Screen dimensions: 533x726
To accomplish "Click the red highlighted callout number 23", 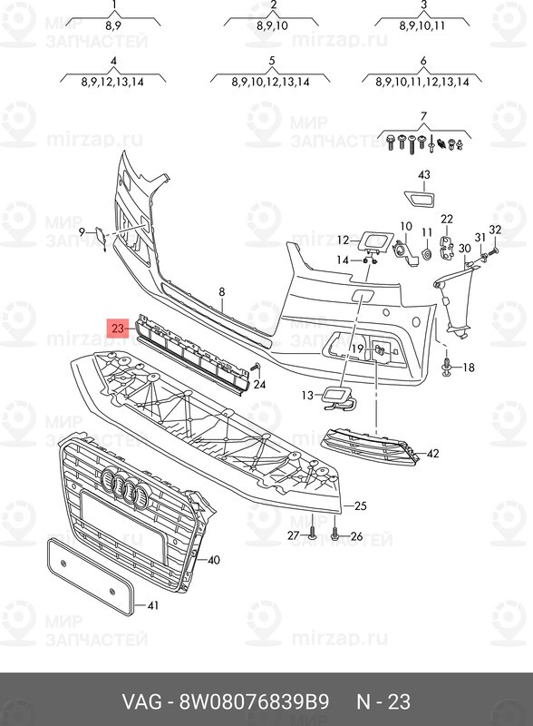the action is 118,328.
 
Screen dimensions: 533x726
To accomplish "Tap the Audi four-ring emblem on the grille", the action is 124,487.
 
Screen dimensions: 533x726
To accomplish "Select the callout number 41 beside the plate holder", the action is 152,605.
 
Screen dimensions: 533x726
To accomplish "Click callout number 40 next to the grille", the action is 213,560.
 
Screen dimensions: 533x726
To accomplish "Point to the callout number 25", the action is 360,505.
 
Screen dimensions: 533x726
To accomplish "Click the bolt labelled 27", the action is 313,534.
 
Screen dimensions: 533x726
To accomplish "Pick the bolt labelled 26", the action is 335,535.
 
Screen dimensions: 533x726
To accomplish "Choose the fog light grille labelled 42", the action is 371,446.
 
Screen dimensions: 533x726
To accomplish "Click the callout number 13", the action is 307,395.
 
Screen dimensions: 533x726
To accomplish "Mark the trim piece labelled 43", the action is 420,197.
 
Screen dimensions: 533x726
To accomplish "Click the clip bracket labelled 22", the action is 447,247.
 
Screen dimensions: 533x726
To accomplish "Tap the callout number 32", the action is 495,230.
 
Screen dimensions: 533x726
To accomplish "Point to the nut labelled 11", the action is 427,254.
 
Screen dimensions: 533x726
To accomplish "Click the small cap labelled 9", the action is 101,237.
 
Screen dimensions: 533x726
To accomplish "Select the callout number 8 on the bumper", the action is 222,291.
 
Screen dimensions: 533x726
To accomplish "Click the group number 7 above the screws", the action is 424,116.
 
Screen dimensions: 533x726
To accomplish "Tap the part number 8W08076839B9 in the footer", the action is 254,701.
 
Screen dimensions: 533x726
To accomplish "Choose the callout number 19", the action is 357,348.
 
